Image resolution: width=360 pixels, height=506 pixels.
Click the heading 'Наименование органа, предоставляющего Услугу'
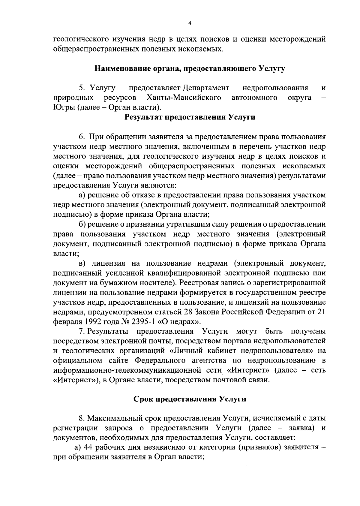tap(190, 68)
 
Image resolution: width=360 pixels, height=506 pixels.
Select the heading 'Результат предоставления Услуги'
tap(190, 117)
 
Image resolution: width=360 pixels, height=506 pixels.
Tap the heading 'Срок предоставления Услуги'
tap(190, 399)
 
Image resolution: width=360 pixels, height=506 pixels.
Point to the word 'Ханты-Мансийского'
tap(184, 98)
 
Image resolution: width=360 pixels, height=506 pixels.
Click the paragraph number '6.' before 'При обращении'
tap(82, 137)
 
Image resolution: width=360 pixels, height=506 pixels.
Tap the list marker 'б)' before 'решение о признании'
tap(82, 224)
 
